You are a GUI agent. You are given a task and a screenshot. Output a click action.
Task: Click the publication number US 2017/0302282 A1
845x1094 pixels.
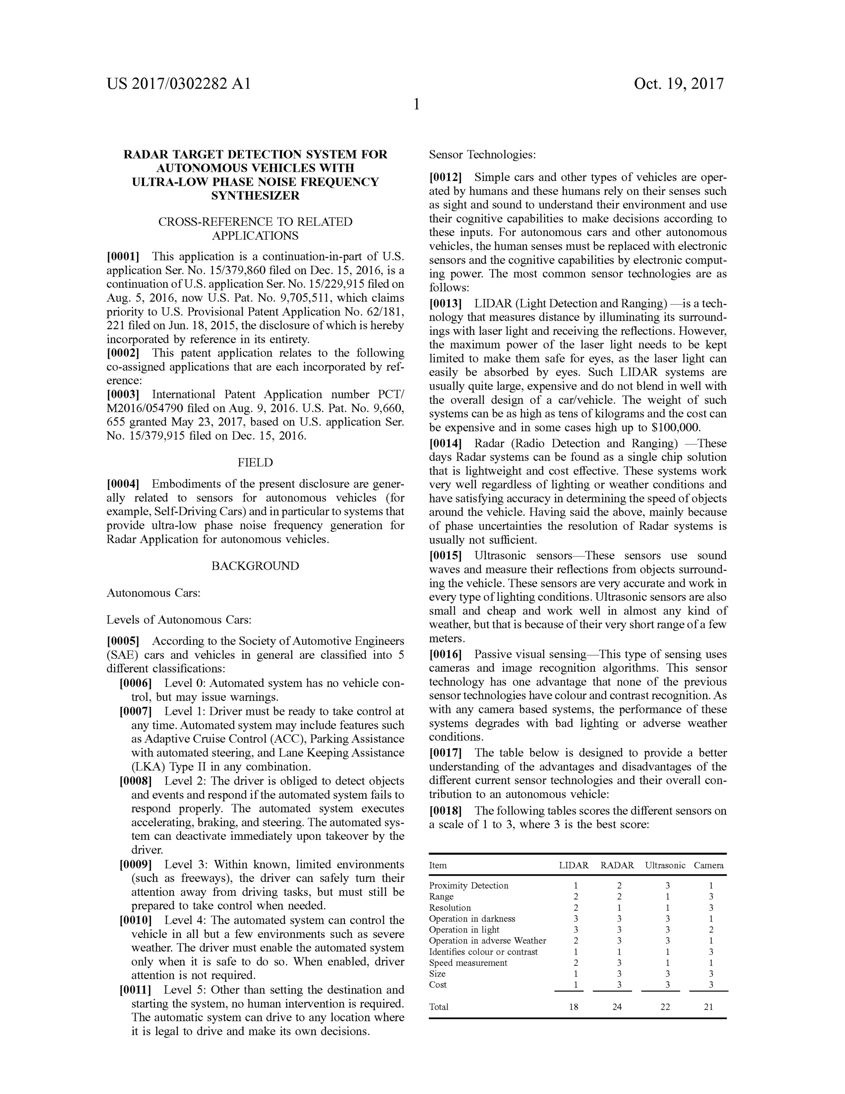[x=178, y=84]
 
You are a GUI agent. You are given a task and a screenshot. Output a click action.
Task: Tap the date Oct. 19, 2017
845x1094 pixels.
[x=678, y=84]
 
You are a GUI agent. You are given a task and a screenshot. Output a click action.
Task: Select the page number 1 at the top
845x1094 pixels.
[x=416, y=104]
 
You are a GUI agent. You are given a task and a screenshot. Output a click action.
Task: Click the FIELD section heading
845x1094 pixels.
[x=255, y=462]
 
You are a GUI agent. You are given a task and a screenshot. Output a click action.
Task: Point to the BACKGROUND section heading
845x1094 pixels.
[x=255, y=566]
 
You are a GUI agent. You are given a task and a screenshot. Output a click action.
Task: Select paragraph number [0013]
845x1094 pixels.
[x=445, y=303]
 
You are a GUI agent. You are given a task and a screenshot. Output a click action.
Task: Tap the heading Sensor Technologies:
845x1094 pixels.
[x=482, y=154]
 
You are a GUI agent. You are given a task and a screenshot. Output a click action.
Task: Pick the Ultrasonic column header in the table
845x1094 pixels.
[x=665, y=865]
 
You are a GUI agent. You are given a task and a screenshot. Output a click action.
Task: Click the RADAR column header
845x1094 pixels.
[x=617, y=865]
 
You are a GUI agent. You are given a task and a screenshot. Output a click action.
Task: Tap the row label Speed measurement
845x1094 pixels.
[x=468, y=963]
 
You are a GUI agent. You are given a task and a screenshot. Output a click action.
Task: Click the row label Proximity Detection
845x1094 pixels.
[x=469, y=886]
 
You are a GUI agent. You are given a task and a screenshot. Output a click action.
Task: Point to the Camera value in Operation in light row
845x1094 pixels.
[x=711, y=930]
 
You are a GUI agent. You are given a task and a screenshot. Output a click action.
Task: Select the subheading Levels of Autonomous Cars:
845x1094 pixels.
[x=179, y=620]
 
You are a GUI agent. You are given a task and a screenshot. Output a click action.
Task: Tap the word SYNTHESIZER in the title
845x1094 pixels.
[x=255, y=196]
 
